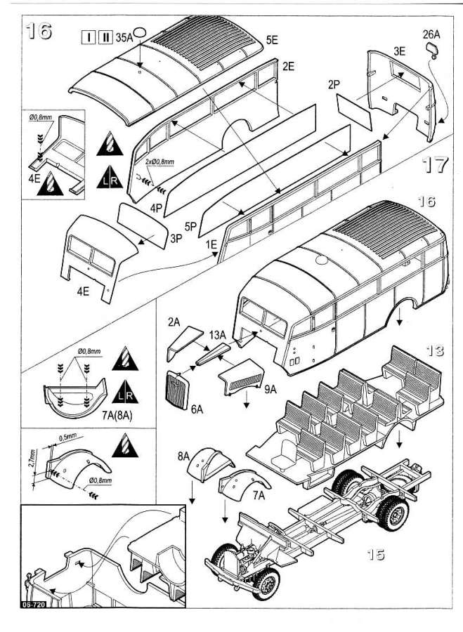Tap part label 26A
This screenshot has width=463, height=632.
point(431,33)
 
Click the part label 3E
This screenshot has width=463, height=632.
point(400,51)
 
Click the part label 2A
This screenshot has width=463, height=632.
point(175,323)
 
